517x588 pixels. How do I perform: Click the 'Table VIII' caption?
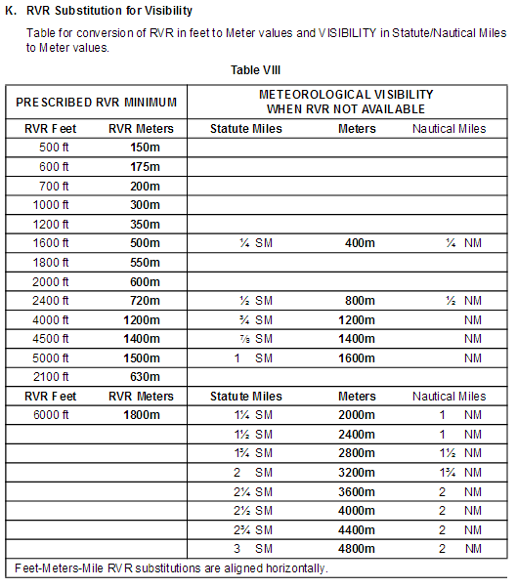point(258,71)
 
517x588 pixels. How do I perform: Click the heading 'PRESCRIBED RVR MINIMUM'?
point(97,102)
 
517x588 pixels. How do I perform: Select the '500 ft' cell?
point(55,147)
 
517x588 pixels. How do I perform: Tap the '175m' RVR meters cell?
point(145,167)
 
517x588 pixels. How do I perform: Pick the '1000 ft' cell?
point(55,205)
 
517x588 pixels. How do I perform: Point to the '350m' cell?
point(145,224)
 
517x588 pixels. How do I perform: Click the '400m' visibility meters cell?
point(357,243)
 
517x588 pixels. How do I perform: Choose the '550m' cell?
point(145,263)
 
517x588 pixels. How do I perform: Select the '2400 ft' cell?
point(55,301)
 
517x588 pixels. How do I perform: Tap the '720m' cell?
point(145,301)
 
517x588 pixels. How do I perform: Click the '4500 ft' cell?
point(55,339)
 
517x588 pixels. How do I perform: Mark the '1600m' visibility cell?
point(357,358)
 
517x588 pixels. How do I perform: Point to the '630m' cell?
point(145,377)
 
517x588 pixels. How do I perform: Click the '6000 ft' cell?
point(55,415)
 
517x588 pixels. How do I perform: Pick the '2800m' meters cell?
point(357,453)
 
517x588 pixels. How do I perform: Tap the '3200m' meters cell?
point(357,473)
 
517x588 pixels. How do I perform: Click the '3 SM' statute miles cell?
point(246,549)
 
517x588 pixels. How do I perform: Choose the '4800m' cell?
point(357,549)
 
